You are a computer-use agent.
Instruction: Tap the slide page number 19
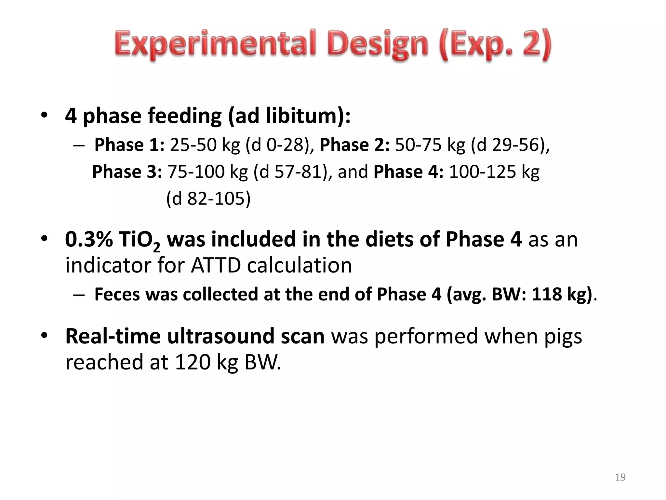point(620,477)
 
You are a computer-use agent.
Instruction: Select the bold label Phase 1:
point(129,145)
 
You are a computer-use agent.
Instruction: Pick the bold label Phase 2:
point(354,145)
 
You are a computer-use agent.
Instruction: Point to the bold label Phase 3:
point(127,172)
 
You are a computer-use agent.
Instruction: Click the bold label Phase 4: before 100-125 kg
point(408,172)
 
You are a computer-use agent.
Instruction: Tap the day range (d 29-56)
point(508,145)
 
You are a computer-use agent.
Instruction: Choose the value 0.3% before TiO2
point(89,239)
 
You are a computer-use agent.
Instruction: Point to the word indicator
point(108,265)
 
